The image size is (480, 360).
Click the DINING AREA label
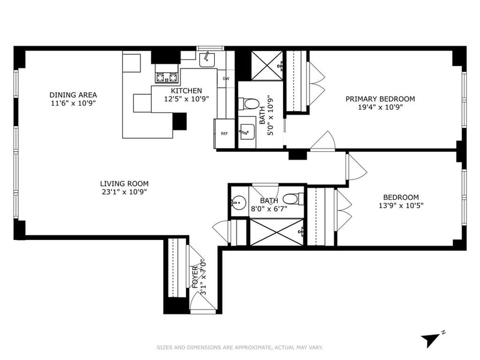point(73,95)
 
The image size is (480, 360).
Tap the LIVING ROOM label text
point(124,184)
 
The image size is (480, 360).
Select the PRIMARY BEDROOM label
point(380,99)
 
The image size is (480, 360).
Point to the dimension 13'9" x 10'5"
point(401,205)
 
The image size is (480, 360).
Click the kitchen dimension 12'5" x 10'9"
point(187,99)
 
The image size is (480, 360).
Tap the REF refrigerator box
point(224,133)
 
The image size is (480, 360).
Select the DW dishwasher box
point(226,79)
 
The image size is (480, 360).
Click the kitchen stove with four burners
point(167,78)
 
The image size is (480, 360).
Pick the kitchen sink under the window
point(207,59)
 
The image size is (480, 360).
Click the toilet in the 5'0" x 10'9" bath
point(249,104)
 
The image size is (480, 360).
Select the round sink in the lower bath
point(238,203)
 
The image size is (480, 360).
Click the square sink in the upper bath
point(247,132)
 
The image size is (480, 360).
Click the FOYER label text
point(195,277)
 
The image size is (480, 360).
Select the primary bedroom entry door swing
point(323,141)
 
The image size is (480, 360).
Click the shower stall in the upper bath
point(267,66)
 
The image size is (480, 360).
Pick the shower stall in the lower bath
point(277,232)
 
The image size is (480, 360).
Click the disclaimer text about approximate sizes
point(239,347)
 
